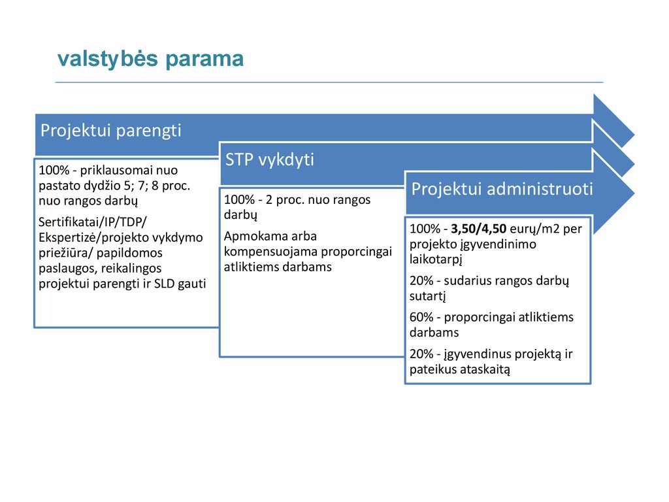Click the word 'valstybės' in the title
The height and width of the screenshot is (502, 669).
[x=108, y=59]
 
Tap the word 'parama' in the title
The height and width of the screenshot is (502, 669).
[x=204, y=59]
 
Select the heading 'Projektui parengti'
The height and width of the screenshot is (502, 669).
[x=110, y=131]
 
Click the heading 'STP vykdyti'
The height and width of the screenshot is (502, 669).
[x=270, y=160]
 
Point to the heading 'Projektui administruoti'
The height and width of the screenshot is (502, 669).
[x=502, y=189]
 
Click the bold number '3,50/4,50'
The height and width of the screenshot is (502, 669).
[x=479, y=229]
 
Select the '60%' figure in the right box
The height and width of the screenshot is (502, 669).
[x=421, y=317]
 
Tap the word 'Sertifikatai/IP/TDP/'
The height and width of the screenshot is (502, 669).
[x=93, y=222]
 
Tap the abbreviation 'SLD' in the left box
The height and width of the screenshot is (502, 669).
[x=164, y=284]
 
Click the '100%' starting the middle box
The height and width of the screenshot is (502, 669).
[x=239, y=200]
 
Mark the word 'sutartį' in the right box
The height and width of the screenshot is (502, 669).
[x=427, y=296]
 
